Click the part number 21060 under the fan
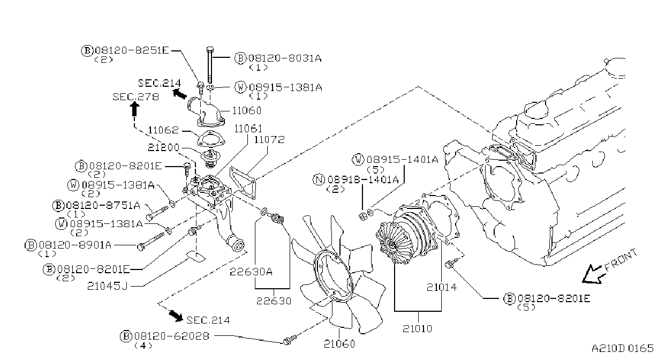(339, 343)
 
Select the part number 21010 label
(417, 328)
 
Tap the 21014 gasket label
(442, 287)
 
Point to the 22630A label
(251, 272)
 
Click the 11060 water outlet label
(246, 110)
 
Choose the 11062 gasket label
(163, 130)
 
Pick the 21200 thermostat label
(163, 147)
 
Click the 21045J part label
(108, 286)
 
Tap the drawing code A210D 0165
(623, 348)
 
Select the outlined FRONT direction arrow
(593, 275)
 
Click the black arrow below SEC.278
(134, 109)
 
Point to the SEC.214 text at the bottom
(208, 320)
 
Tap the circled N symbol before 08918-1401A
(319, 179)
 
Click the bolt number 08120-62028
(171, 336)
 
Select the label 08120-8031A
(285, 58)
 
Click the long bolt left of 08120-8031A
(210, 65)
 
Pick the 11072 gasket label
(269, 139)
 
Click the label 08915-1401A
(403, 160)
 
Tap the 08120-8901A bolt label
(75, 244)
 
